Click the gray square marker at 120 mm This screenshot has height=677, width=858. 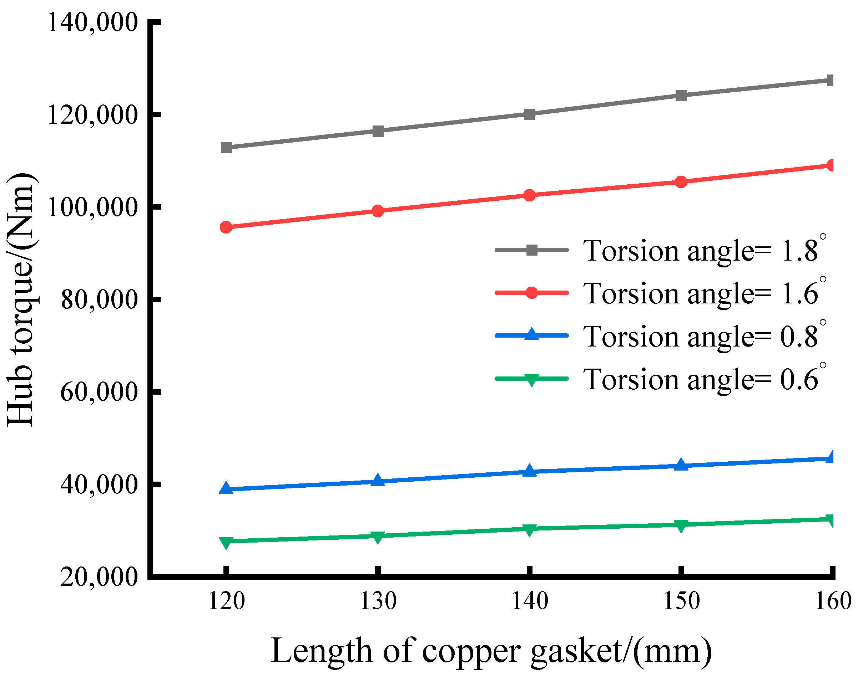point(226,148)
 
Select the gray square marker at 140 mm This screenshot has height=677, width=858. point(529,114)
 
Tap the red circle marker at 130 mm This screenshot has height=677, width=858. point(378,211)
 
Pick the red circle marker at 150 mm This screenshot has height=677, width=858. point(681,182)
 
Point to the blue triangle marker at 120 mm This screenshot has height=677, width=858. point(226,488)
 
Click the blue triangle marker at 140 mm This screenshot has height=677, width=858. point(529,471)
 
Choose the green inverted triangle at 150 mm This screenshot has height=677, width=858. point(681,525)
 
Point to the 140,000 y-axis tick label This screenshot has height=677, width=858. point(92,22)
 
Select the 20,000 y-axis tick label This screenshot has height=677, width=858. point(99,577)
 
